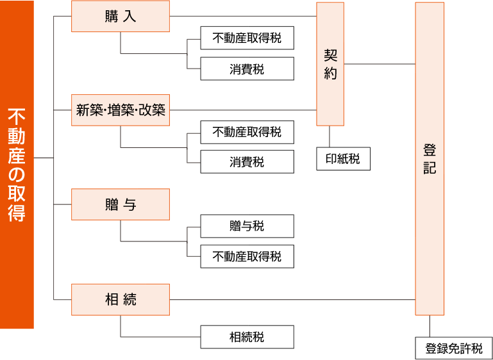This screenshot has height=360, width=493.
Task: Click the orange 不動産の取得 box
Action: [17, 165]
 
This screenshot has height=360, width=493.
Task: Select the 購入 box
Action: [121, 17]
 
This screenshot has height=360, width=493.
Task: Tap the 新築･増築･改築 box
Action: [121, 110]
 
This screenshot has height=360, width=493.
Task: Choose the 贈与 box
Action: [121, 204]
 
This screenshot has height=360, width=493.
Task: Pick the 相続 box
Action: [121, 299]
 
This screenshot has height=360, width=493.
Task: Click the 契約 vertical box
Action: [330, 64]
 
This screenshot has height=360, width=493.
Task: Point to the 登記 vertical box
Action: [430, 159]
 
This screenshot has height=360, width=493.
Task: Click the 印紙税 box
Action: [343, 159]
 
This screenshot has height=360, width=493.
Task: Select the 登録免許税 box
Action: [454, 348]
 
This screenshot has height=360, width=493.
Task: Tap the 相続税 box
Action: [247, 337]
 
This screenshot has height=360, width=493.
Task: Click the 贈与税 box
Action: [247, 226]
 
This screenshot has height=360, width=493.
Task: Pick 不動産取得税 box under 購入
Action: [247, 38]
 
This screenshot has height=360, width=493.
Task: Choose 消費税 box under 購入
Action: [247, 69]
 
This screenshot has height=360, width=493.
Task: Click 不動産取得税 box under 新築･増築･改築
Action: [247, 132]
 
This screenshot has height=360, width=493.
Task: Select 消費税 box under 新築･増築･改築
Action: [247, 162]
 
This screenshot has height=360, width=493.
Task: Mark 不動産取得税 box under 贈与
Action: [247, 256]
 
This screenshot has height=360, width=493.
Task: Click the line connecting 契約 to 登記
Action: [380, 64]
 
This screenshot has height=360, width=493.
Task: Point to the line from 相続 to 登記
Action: [292, 299]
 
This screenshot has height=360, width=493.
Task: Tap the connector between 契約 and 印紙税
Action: [330, 136]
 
